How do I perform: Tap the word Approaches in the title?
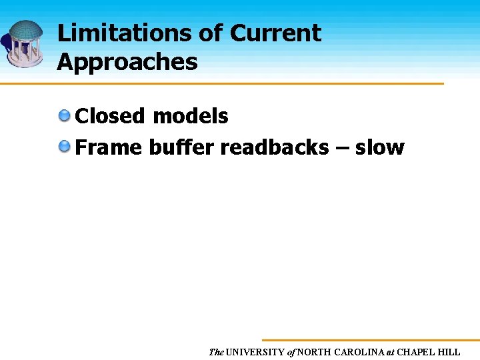127,62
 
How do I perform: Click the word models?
190,116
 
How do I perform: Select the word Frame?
109,147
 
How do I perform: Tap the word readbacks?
274,147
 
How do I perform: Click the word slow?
379,147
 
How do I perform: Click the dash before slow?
341,148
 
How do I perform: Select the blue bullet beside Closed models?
65,116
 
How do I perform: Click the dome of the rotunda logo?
25,29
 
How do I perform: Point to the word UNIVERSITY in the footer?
255,352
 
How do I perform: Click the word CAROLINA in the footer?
359,352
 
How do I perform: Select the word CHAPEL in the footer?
419,352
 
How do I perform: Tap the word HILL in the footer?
450,352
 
